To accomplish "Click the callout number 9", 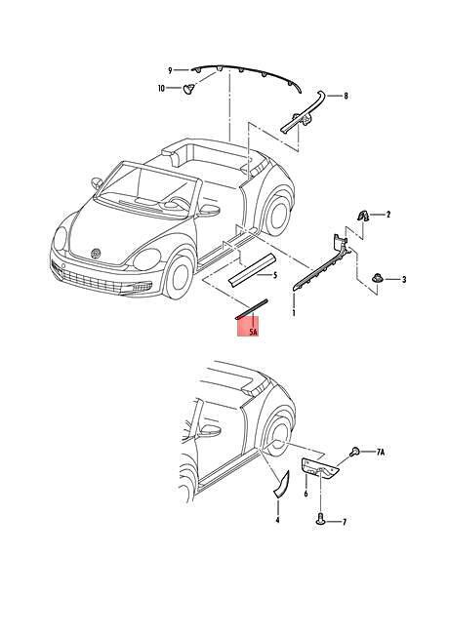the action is click(x=170, y=70).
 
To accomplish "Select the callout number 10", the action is click(x=161, y=88).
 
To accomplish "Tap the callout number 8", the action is click(x=346, y=96).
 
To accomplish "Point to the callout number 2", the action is click(x=388, y=215).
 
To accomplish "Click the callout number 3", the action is click(x=403, y=279).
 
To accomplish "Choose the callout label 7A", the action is click(x=380, y=453).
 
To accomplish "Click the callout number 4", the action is click(x=277, y=520).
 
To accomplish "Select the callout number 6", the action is click(x=306, y=494).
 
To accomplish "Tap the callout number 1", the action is click(x=294, y=312).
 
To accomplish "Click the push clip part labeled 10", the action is click(x=188, y=89).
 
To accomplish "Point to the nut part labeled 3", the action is click(x=377, y=279).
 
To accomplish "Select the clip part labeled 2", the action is click(x=362, y=216).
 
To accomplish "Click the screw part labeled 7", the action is click(x=320, y=518).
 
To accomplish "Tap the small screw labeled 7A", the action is click(x=354, y=452).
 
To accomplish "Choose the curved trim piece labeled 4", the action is click(x=282, y=485).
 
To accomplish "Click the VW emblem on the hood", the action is click(x=97, y=254).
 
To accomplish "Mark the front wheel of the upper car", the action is click(x=178, y=276).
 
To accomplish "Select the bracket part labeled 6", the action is click(x=319, y=469).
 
